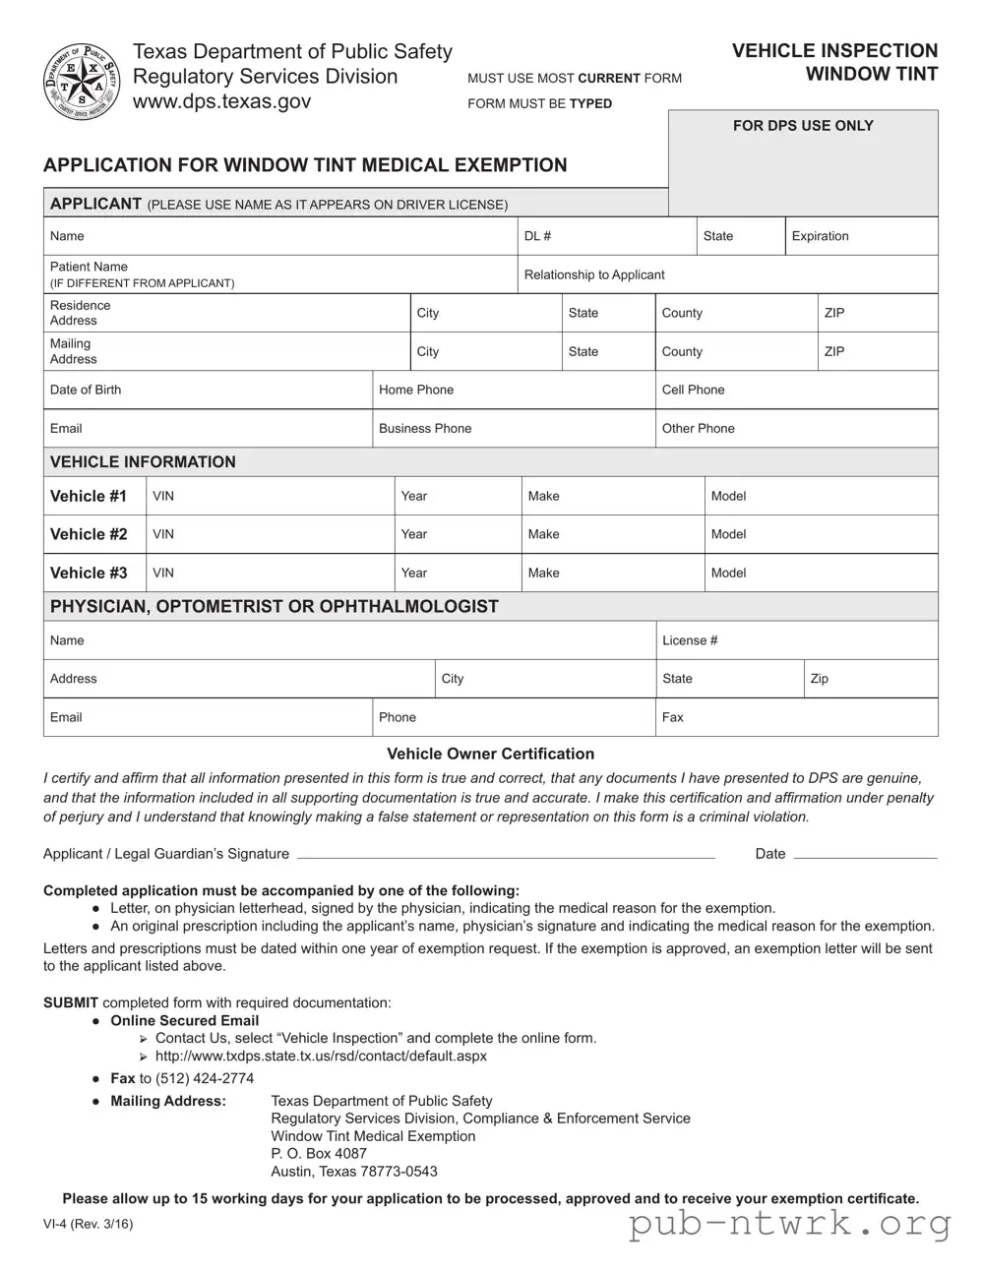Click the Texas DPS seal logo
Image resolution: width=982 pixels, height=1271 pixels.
pos(81,82)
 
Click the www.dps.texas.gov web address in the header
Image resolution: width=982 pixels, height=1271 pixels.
pos(221,101)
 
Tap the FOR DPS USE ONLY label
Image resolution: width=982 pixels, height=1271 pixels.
pos(802,126)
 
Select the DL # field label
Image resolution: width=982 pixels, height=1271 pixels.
pos(537,236)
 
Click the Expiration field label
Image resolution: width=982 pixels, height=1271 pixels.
pos(820,236)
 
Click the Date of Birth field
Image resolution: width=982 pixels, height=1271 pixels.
pos(207,390)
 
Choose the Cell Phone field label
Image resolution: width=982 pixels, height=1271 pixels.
pos(693,390)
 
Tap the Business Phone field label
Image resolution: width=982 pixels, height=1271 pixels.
pos(425,429)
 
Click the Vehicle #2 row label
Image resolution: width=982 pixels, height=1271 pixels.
pos(89,534)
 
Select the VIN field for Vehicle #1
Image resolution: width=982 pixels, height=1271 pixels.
pos(271,496)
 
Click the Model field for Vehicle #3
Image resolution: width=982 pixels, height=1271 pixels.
pos(821,573)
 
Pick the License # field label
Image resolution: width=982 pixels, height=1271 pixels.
pos(690,640)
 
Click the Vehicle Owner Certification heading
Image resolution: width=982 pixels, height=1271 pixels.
pos(490,754)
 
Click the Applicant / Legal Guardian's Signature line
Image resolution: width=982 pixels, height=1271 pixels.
pos(506,853)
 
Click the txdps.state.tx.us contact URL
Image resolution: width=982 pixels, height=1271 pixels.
pos(321,1056)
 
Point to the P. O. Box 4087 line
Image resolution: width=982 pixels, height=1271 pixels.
pos(319,1153)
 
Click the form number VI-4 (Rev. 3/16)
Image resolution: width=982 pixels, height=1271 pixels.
pos(88,1224)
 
